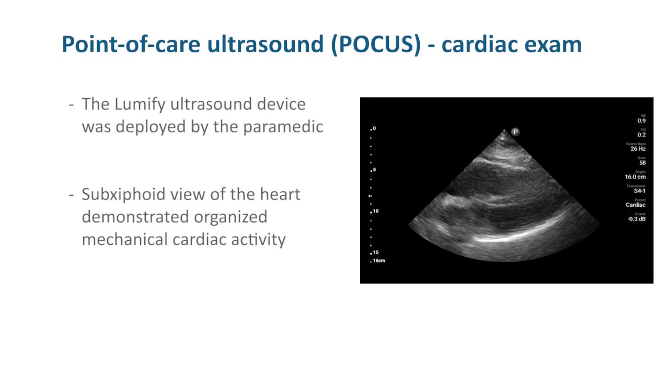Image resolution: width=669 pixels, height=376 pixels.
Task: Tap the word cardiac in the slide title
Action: point(478,44)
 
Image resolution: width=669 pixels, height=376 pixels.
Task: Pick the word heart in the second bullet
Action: point(280,194)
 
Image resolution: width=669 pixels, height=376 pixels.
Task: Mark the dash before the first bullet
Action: point(72,104)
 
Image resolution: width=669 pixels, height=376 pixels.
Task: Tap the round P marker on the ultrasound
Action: point(515,132)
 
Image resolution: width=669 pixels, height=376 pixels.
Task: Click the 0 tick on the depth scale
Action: point(374,128)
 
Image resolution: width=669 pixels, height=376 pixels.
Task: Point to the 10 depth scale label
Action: point(375,211)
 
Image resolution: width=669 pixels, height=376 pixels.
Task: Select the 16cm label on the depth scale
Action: point(379,261)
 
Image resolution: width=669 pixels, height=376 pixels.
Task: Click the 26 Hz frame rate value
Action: point(638,149)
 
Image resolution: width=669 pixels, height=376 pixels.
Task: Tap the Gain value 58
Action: point(642,163)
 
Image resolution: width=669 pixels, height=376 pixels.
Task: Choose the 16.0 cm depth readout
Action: point(635,177)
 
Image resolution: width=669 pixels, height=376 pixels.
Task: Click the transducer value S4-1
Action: point(640,191)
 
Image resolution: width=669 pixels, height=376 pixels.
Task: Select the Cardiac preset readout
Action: point(636,205)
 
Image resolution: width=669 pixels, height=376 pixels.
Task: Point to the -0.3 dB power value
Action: point(637,219)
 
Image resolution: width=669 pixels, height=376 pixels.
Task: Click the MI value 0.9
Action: point(641,121)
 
